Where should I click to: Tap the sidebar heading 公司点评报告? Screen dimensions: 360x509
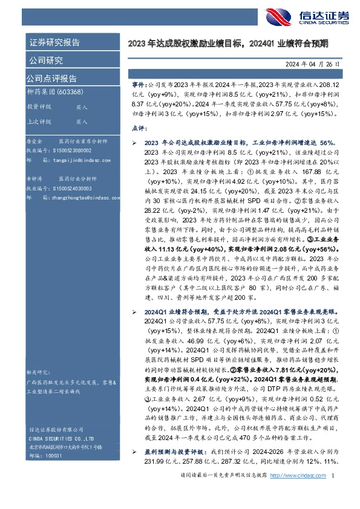tap(51, 79)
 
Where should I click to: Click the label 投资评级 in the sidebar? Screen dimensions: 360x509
tap(39, 106)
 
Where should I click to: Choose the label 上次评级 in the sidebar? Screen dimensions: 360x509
tap(39, 121)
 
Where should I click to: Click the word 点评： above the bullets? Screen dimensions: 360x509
tap(139, 129)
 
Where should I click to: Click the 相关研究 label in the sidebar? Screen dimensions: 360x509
tap(38, 372)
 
